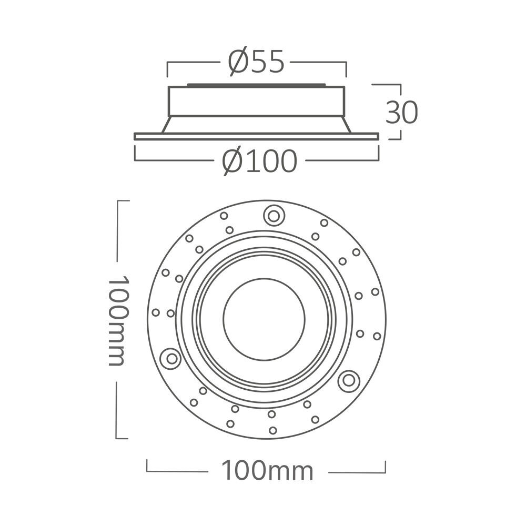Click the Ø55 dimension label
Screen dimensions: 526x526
(256, 62)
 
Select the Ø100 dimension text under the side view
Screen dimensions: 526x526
(259, 161)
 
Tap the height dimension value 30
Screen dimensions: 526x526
(401, 112)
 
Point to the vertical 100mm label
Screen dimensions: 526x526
(116, 320)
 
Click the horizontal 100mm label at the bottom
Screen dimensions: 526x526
(267, 471)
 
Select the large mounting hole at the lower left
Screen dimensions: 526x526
(170, 359)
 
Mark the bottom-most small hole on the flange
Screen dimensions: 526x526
(272, 430)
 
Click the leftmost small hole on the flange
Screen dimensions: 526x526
(156, 312)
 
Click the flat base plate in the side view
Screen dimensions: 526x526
(256, 136)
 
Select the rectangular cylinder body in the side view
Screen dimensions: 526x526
(256, 101)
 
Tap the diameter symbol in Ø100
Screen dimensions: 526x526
(231, 161)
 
